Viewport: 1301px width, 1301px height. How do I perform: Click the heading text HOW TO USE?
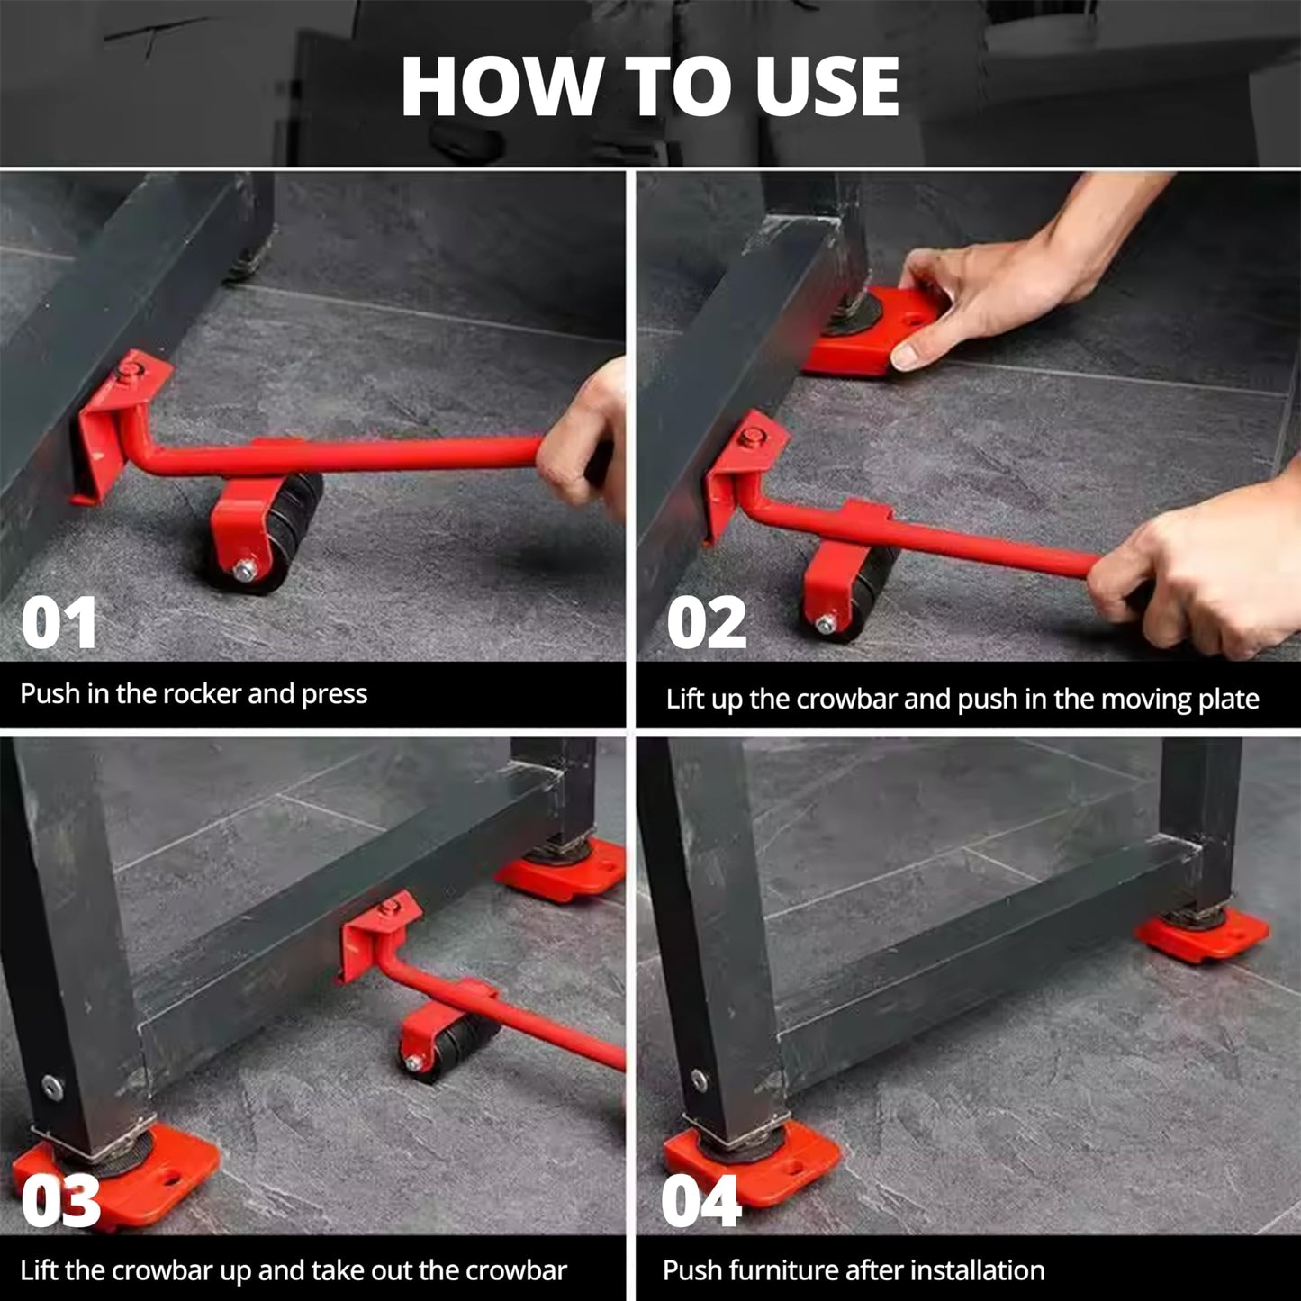coord(650,86)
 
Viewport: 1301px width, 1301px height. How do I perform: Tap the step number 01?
coord(59,623)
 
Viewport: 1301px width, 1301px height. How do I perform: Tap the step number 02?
coord(707,623)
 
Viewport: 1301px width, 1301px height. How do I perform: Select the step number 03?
coord(60,1201)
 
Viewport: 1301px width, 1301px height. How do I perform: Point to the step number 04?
coord(700,1201)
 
